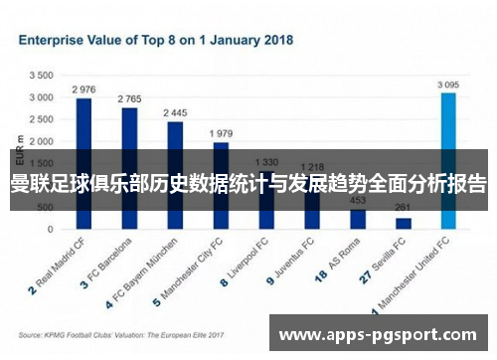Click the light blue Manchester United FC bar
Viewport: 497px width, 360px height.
[x=448, y=159]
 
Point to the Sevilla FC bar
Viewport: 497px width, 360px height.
[x=403, y=224]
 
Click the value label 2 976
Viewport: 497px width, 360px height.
[x=83, y=90]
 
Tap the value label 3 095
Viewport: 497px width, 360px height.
[x=448, y=85]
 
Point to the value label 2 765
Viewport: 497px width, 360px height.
[x=129, y=99]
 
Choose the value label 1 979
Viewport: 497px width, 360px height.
[x=221, y=133]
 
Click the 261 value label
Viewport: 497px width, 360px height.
[x=403, y=208]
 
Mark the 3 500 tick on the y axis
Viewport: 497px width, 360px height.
[x=41, y=76]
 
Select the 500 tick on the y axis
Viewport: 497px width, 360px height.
[x=45, y=208]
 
